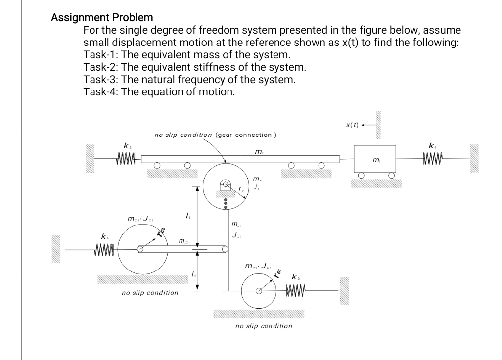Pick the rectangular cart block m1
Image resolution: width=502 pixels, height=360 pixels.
point(374,159)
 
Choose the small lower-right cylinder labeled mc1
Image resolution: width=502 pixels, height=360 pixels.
point(259,290)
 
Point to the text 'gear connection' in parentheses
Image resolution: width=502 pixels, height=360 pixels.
point(246,135)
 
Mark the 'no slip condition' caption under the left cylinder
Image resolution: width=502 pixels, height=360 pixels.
point(150,293)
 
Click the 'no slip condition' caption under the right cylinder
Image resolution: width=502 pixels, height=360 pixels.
point(264,326)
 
